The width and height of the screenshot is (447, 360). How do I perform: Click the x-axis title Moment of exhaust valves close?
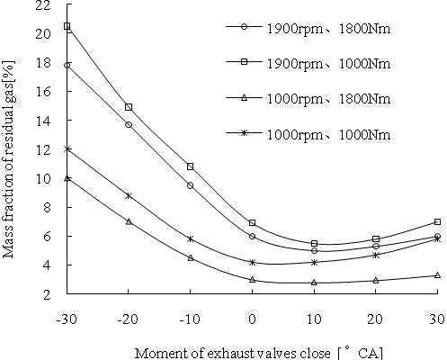click(x=258, y=352)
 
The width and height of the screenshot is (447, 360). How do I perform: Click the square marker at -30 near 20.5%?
click(x=67, y=26)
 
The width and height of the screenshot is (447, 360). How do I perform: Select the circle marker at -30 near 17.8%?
click(x=67, y=66)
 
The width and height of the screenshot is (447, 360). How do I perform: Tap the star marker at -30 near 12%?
click(x=67, y=149)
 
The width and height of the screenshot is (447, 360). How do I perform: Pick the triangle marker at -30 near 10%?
click(x=67, y=178)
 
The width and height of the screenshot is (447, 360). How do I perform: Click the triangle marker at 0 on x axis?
click(x=253, y=279)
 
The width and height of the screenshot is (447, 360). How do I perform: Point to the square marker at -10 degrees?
click(x=191, y=166)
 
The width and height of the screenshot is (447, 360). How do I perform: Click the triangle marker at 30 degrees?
click(x=437, y=274)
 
